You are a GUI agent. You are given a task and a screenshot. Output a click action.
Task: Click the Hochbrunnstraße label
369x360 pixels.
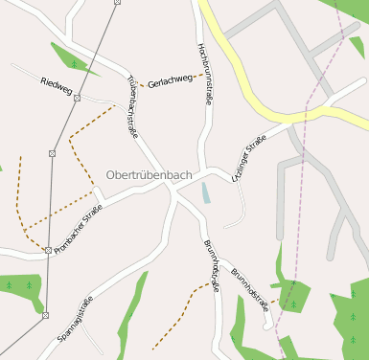(204, 73)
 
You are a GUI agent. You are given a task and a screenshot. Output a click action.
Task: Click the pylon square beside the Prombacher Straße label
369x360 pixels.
(48, 250)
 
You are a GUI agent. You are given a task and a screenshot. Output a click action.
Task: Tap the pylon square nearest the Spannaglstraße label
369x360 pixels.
(44, 314)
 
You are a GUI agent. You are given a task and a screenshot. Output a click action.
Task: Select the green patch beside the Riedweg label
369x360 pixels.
(73, 57)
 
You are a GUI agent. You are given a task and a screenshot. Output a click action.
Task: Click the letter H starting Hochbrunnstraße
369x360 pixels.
(199, 47)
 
